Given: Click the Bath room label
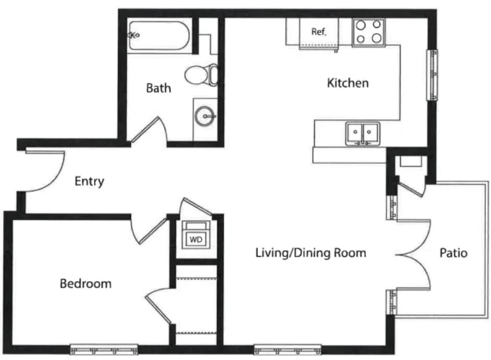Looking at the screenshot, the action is click(x=158, y=88).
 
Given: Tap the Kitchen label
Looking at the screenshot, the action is click(x=347, y=83).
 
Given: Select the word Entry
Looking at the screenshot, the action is click(x=89, y=182).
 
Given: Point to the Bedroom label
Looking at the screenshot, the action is click(x=85, y=283).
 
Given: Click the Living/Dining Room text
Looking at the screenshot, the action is click(x=311, y=253).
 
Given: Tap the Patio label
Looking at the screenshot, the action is click(x=453, y=253).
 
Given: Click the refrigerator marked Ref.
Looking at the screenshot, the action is click(x=319, y=33).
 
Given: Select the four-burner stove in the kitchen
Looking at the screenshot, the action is click(x=369, y=33).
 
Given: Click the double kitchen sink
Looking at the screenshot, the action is click(x=363, y=134).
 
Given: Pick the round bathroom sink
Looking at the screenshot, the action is click(x=205, y=116).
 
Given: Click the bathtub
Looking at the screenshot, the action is click(x=159, y=35).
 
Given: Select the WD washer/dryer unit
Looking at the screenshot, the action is click(x=196, y=235).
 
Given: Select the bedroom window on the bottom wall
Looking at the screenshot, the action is click(x=104, y=349).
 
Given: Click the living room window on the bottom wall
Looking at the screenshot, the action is click(x=288, y=349).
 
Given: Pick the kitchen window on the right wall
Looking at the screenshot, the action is click(x=432, y=75).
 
